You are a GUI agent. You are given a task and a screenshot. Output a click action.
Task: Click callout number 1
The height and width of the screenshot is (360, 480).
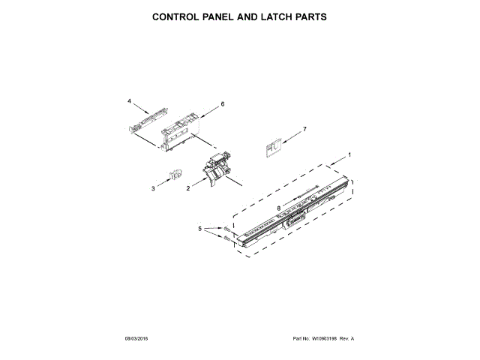[x=349, y=154]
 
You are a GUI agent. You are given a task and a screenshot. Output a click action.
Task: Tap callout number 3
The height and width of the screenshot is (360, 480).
[x=154, y=188]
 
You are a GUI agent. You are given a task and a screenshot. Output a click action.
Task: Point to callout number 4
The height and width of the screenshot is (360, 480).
[x=129, y=100]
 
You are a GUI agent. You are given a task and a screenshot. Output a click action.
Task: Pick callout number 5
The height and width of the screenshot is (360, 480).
[x=199, y=229]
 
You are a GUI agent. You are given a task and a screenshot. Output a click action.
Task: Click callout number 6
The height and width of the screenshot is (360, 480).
[x=223, y=104]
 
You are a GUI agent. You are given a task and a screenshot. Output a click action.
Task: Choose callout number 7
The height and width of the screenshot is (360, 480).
[x=304, y=130]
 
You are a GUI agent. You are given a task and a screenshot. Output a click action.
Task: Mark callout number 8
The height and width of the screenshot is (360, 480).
[x=278, y=208]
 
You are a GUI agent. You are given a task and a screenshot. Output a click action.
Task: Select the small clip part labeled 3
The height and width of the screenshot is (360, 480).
[x=175, y=175]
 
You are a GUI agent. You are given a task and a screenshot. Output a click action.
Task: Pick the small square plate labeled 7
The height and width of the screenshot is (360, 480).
[x=274, y=148]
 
